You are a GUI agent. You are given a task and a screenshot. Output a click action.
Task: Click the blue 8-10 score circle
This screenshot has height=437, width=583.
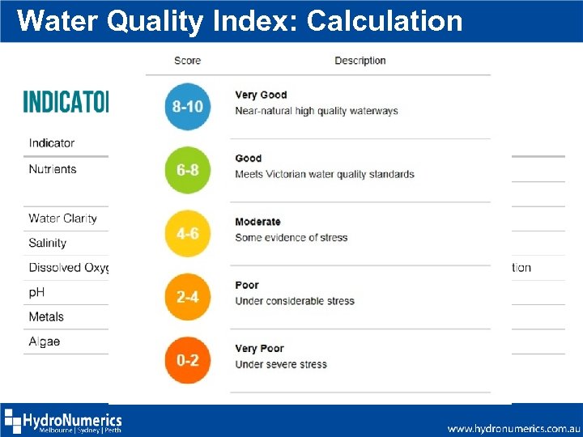[188, 107]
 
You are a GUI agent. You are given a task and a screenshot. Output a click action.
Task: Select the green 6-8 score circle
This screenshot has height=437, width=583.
[188, 170]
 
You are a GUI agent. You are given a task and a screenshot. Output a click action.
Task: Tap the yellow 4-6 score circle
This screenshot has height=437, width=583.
[188, 233]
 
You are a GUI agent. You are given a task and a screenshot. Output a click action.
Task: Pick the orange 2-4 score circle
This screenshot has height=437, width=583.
[188, 297]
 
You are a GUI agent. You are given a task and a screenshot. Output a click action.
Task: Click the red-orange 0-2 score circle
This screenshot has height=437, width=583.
[188, 360]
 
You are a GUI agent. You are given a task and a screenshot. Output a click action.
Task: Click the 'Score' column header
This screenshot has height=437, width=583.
[187, 61]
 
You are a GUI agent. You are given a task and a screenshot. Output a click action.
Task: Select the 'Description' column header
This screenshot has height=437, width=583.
[360, 61]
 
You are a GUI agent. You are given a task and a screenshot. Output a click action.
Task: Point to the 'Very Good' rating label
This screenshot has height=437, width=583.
[261, 95]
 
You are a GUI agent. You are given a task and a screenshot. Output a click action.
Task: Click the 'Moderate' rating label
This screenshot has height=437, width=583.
[257, 222]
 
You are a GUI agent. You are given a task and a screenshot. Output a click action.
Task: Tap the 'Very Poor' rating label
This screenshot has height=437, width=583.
[259, 349]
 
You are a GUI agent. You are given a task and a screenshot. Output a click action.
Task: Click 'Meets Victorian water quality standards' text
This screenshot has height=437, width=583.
[324, 174]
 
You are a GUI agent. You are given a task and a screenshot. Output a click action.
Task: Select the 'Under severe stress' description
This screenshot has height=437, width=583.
[281, 364]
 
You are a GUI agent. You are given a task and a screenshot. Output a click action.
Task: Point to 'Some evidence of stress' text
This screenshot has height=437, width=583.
[291, 237]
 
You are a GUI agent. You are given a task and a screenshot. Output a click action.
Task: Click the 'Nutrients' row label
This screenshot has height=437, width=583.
[53, 169]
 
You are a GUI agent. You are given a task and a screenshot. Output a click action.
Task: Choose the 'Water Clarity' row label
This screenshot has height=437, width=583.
[62, 218]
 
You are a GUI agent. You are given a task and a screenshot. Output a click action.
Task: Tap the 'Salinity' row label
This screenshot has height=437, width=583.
[48, 243]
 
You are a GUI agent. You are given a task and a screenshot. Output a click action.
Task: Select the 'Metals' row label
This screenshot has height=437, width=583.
[46, 316]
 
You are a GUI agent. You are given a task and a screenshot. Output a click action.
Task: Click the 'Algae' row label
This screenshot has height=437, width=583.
[45, 342]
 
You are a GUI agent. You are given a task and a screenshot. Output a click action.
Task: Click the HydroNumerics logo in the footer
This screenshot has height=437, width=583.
[63, 422]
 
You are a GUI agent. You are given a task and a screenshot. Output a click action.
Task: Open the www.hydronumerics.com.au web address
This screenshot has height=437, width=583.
[513, 428]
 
